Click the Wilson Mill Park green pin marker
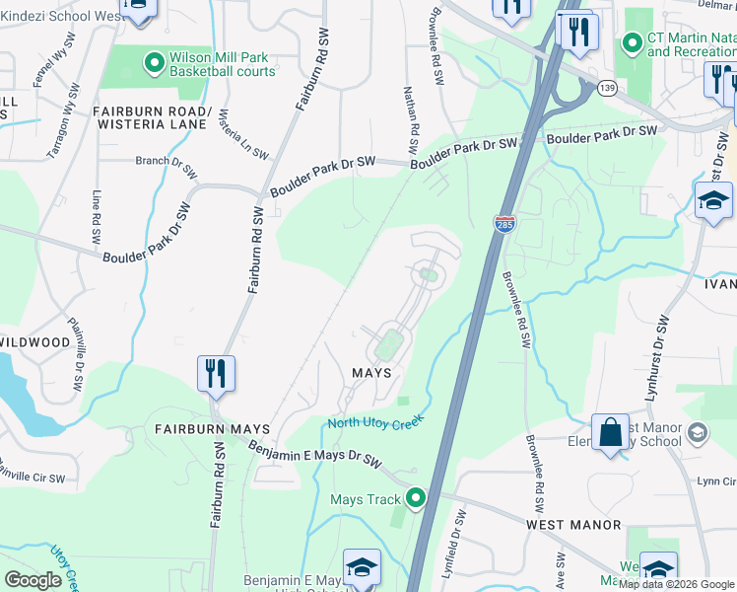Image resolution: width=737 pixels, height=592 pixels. (x=154, y=64)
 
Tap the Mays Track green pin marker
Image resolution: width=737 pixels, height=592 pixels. (x=416, y=499)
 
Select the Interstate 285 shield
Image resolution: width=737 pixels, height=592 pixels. (x=504, y=225)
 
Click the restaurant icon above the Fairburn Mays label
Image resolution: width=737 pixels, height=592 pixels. (x=216, y=374)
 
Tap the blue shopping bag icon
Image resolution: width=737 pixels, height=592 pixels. (x=611, y=430)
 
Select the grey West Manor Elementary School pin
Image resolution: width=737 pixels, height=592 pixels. (x=698, y=432)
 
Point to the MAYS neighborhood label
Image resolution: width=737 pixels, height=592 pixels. (x=372, y=373)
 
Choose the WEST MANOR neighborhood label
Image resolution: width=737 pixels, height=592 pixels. (x=572, y=525)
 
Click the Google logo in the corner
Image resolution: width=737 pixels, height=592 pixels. (x=33, y=580)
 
